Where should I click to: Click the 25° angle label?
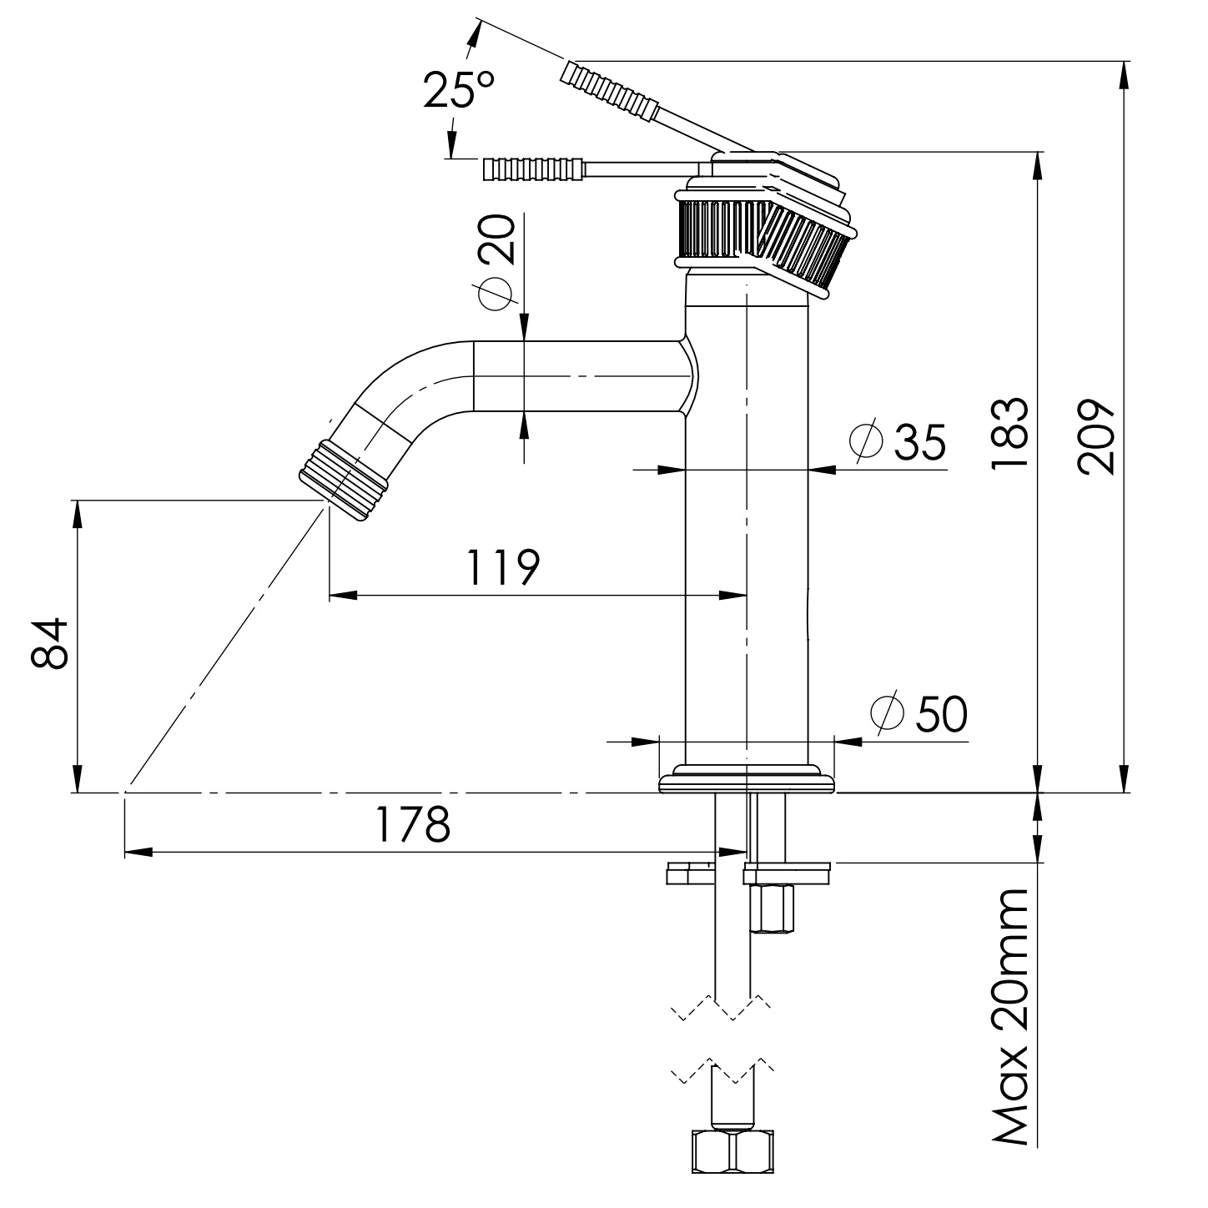(458, 89)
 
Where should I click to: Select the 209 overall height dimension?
(1095, 437)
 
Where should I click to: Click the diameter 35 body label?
(898, 441)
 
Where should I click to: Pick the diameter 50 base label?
(919, 712)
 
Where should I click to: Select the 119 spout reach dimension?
(503, 567)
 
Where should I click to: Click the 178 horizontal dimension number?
(413, 824)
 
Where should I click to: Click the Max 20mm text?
(1010, 1017)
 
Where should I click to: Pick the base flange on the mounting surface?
(747, 782)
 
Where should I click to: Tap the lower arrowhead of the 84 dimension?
(77, 779)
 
